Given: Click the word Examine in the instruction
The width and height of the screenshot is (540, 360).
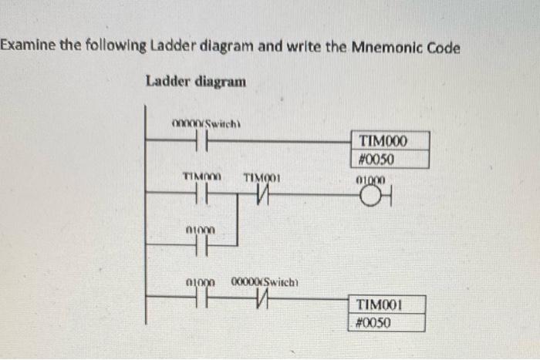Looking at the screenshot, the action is [x=26, y=47].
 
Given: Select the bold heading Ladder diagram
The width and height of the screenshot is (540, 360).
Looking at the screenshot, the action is [x=196, y=81].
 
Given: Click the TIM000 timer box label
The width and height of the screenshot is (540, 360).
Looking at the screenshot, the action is [x=383, y=141].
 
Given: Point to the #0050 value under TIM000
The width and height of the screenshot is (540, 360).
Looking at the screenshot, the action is [x=377, y=160].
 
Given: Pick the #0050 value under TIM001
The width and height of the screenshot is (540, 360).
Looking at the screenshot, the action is [x=374, y=322].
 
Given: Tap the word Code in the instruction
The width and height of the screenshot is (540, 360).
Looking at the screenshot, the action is [x=444, y=47].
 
